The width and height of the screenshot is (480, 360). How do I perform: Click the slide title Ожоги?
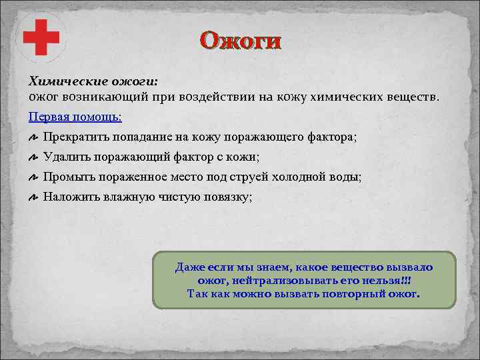(241, 41)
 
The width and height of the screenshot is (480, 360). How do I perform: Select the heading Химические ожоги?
(93, 81)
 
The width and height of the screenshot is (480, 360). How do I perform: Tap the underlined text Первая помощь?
(75, 116)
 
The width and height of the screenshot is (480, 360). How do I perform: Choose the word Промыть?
(69, 177)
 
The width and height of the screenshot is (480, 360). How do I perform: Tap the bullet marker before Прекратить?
(33, 137)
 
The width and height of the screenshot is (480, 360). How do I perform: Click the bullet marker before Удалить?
(33, 158)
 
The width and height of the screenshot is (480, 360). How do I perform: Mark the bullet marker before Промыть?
(33, 178)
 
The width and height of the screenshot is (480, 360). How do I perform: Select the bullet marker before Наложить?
(33, 198)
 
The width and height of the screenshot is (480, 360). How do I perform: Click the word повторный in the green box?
(323, 294)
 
